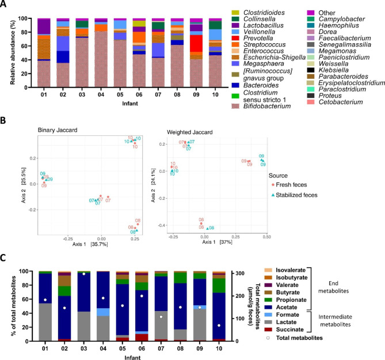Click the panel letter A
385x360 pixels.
coord(5,5)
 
